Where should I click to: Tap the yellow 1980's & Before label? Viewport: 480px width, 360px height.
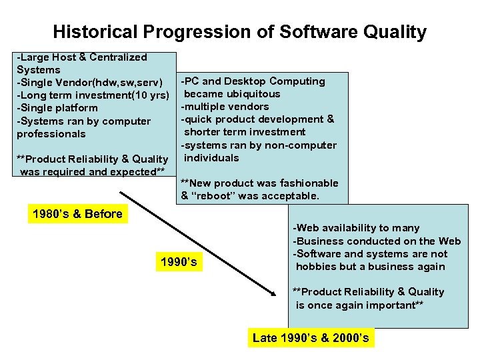(77, 214)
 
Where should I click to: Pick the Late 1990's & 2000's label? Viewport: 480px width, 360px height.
(311, 338)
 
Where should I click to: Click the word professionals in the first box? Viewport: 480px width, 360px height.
(51, 133)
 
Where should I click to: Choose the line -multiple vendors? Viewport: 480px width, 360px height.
(225, 107)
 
